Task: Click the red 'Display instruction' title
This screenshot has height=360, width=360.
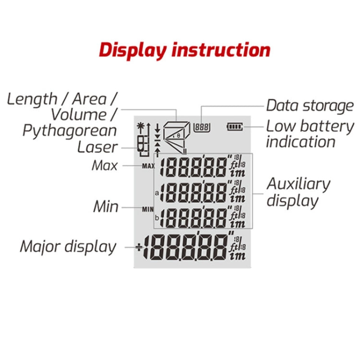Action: [x=185, y=50]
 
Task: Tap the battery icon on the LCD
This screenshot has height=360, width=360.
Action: [x=236, y=127]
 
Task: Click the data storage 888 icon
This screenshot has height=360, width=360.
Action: [x=201, y=127]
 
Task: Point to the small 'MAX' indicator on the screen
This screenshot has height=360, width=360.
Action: [x=148, y=166]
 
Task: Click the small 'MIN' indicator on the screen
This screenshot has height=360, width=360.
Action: [x=148, y=209]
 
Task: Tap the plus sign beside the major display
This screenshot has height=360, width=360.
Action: [x=139, y=248]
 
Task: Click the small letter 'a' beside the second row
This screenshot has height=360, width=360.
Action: [x=156, y=193]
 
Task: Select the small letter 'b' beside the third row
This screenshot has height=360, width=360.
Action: [x=156, y=218]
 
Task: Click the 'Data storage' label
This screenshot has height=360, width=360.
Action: [x=310, y=105]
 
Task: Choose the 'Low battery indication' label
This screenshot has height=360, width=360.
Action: [x=310, y=134]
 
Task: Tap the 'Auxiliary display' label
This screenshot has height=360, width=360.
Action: [x=298, y=192]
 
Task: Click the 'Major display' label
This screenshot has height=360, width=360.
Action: [x=68, y=247]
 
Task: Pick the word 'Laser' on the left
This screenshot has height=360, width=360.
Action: [x=97, y=146]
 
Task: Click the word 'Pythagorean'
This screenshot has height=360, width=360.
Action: [x=70, y=131]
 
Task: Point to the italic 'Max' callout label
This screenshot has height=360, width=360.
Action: [x=105, y=166]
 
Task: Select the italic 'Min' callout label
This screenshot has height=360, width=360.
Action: [x=106, y=207]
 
